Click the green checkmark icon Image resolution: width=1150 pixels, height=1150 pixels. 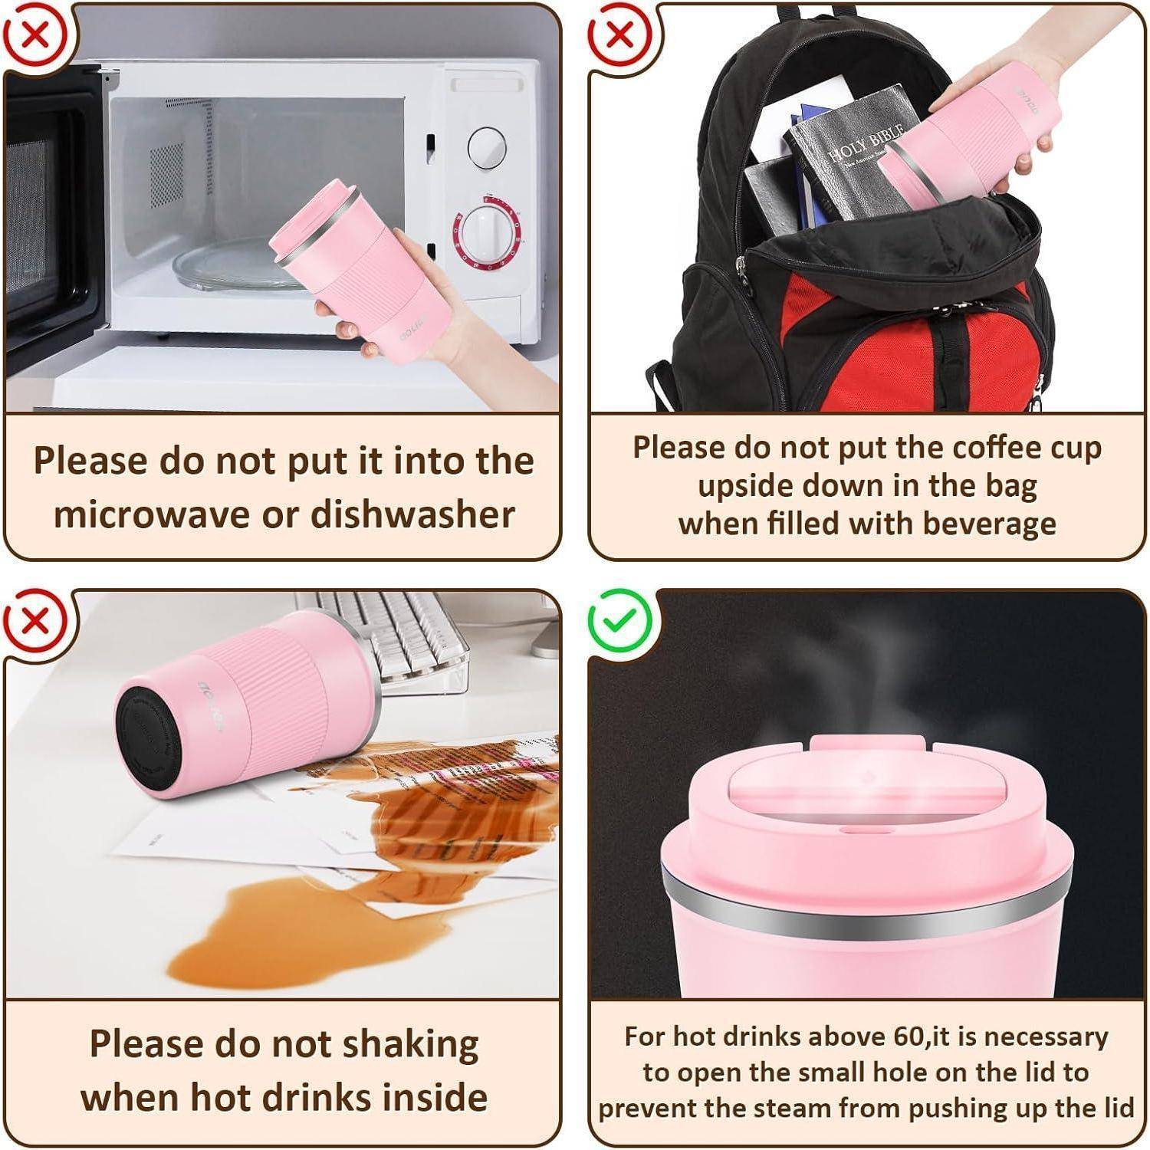point(619,619)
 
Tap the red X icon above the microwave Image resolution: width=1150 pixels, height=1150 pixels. point(34,34)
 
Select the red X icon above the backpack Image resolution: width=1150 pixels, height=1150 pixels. point(619,34)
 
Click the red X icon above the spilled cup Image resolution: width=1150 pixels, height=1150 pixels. point(34,619)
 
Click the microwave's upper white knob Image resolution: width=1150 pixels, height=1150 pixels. point(487,147)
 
